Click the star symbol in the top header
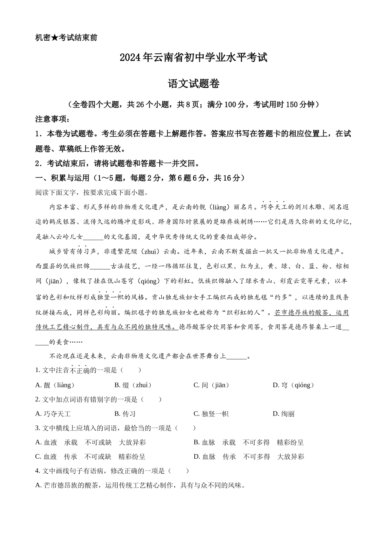55,38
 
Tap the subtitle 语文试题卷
193,84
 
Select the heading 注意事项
53,119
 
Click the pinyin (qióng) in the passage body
150,281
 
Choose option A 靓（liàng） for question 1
55,385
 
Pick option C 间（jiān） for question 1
211,385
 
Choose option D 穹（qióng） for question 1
293,385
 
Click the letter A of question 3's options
38,442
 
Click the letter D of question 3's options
197,457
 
